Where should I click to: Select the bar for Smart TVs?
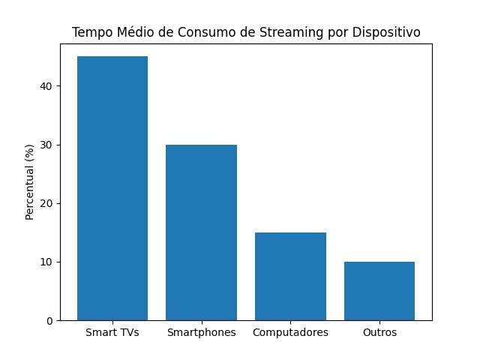(112, 188)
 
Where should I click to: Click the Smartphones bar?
(201, 232)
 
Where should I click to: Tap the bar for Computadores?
(290, 277)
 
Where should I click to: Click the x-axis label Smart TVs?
(112, 332)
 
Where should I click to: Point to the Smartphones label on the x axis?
(201, 332)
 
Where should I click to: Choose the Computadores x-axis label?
(290, 332)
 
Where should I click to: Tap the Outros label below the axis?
(379, 332)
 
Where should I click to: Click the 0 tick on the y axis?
(49, 321)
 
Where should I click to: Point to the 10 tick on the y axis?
(47, 262)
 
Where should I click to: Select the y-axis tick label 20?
(47, 204)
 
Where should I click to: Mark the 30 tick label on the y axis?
(47, 145)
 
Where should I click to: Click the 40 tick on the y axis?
(47, 86)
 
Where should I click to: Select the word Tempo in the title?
(89, 33)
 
